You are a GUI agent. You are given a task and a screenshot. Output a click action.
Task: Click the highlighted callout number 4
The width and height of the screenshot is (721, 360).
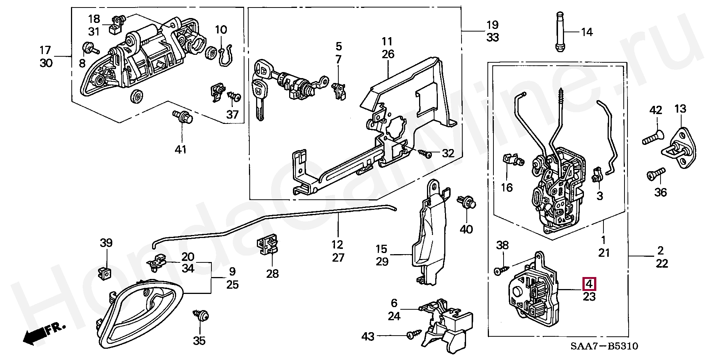point(589,284)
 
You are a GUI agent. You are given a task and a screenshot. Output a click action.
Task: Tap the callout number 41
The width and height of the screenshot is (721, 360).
point(181,150)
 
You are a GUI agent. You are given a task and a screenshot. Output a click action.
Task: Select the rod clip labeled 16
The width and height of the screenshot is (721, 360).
point(511,160)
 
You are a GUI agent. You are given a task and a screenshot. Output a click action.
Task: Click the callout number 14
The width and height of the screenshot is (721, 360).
point(587,32)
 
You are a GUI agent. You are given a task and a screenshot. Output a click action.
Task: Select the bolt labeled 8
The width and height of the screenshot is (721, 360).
point(89,48)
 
